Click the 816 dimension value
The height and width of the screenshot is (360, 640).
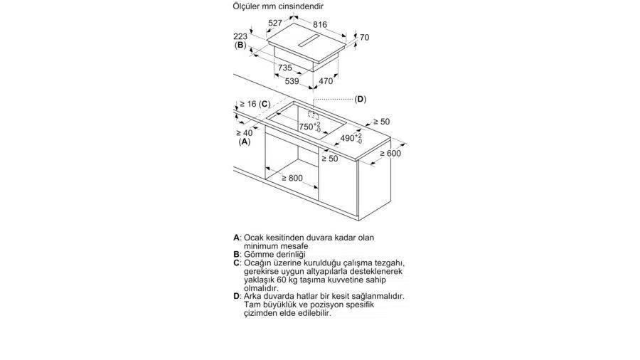pyautogui.click(x=320, y=25)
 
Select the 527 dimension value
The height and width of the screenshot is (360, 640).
pyautogui.click(x=275, y=23)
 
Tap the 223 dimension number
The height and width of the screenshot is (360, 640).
pyautogui.click(x=240, y=36)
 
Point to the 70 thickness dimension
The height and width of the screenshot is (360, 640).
pyautogui.click(x=365, y=38)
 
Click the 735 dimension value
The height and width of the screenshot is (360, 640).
pyautogui.click(x=285, y=68)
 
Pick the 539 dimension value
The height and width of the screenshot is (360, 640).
pyautogui.click(x=292, y=81)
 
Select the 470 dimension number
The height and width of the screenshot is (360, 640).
pyautogui.click(x=326, y=81)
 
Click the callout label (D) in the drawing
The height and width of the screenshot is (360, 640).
pyautogui.click(x=360, y=99)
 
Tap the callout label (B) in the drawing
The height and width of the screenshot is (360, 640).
pyautogui.click(x=240, y=45)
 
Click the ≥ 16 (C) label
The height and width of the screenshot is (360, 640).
pyautogui.click(x=255, y=104)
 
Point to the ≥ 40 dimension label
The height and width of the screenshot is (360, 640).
pyautogui.click(x=245, y=133)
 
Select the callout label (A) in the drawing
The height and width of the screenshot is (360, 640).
pyautogui.click(x=245, y=142)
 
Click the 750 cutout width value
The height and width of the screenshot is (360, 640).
pyautogui.click(x=306, y=127)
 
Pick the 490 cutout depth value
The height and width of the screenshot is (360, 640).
pyautogui.click(x=347, y=138)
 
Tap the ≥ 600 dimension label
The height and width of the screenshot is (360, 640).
pyautogui.click(x=390, y=154)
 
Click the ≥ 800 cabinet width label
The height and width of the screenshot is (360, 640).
pyautogui.click(x=292, y=179)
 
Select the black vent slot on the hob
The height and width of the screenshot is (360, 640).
pyautogui.click(x=309, y=41)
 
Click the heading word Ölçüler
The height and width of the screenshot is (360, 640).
pyautogui.click(x=247, y=6)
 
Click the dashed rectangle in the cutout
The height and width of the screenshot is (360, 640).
pyautogui.click(x=314, y=115)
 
